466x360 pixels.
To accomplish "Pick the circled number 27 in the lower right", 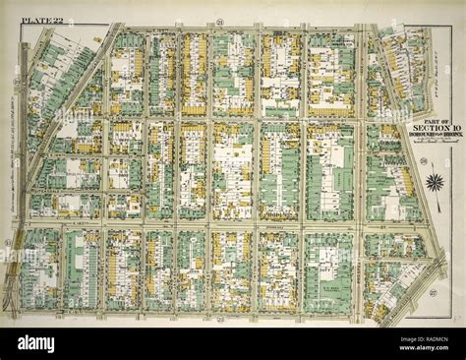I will tap(432, 292).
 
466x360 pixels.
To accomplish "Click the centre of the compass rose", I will tap(434, 182).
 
